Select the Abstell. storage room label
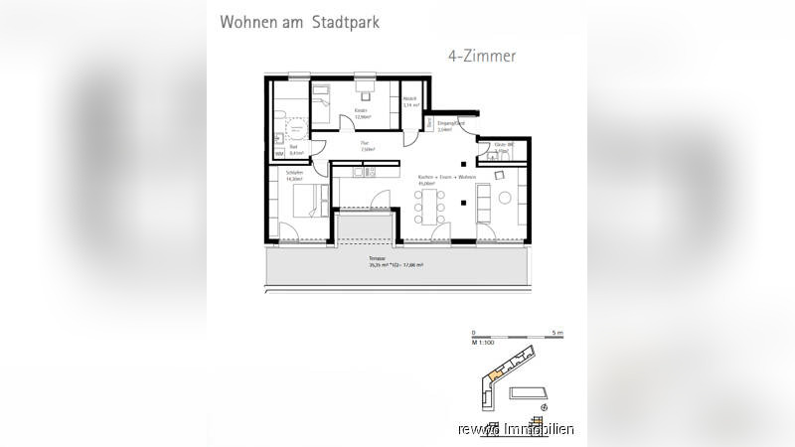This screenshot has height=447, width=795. click(x=409, y=100)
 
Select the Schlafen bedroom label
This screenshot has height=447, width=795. click(x=294, y=176)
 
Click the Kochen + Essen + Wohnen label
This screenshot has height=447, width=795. click(x=446, y=179)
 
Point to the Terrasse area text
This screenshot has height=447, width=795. click(x=396, y=263)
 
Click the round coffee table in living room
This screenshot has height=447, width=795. click(x=504, y=198)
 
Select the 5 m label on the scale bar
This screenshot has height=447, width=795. click(x=558, y=332)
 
